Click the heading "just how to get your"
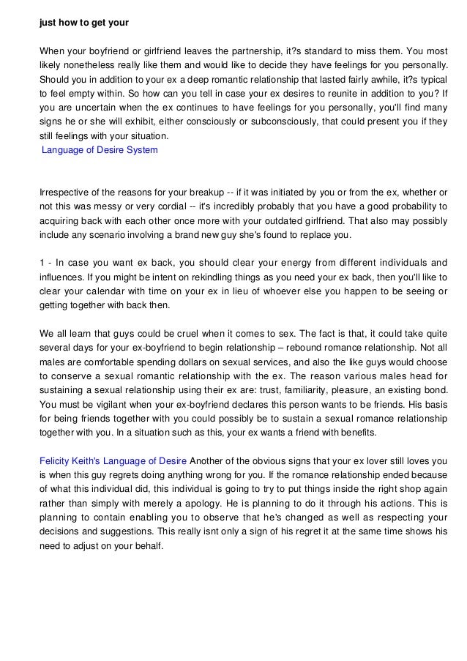[x=83, y=22]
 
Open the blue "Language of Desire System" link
[x=100, y=150]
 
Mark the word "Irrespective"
[x=64, y=193]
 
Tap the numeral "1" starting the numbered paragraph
[x=42, y=264]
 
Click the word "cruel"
[x=188, y=333]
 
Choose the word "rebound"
[x=302, y=347]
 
